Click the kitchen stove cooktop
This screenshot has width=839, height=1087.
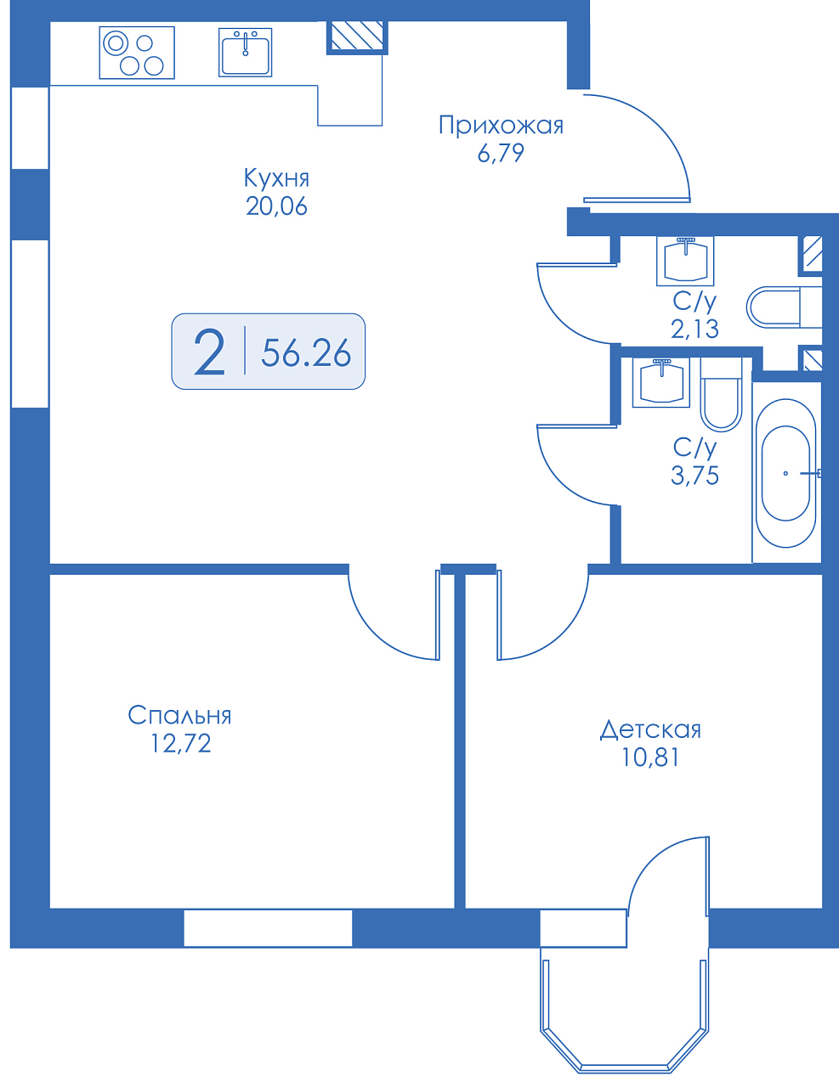pos(137,53)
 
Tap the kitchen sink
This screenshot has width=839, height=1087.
pos(246,53)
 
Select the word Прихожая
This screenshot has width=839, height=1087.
pos(501,126)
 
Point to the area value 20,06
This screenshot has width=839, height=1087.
pos(276,206)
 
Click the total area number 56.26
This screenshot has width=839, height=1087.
pos(306,352)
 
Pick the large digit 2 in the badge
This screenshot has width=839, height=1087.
pos(209,352)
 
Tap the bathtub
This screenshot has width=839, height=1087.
pos(785,473)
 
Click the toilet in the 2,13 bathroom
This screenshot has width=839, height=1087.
pos(784,307)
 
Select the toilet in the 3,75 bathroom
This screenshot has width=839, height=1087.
pos(721,394)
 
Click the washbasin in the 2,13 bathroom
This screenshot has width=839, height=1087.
pos(685,261)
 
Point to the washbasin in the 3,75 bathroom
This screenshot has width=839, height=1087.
pos(661,382)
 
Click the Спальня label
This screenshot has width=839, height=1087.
pos(179,716)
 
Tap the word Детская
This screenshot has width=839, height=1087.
pos(650,730)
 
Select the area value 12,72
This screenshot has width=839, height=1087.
pos(180,744)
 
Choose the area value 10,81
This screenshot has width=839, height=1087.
pos(650,758)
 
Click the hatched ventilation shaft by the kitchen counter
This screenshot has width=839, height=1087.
pos(357,36)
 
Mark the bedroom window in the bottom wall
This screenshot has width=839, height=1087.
pos(268,928)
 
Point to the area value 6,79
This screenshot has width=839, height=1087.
pos(501,153)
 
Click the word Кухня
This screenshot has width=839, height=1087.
pos(276,178)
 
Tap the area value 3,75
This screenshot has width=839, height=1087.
pos(694,476)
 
